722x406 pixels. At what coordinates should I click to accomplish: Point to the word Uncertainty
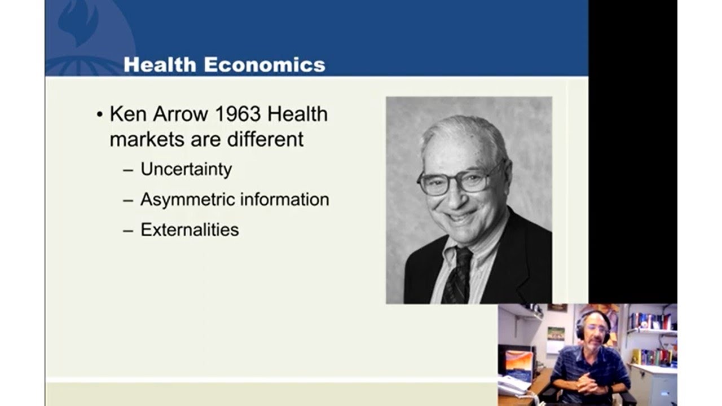click(x=186, y=170)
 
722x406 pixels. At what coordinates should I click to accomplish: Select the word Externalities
click(x=190, y=230)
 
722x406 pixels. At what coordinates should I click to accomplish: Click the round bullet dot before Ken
click(x=100, y=115)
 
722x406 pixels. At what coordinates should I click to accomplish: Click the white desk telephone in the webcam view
click(x=514, y=386)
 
